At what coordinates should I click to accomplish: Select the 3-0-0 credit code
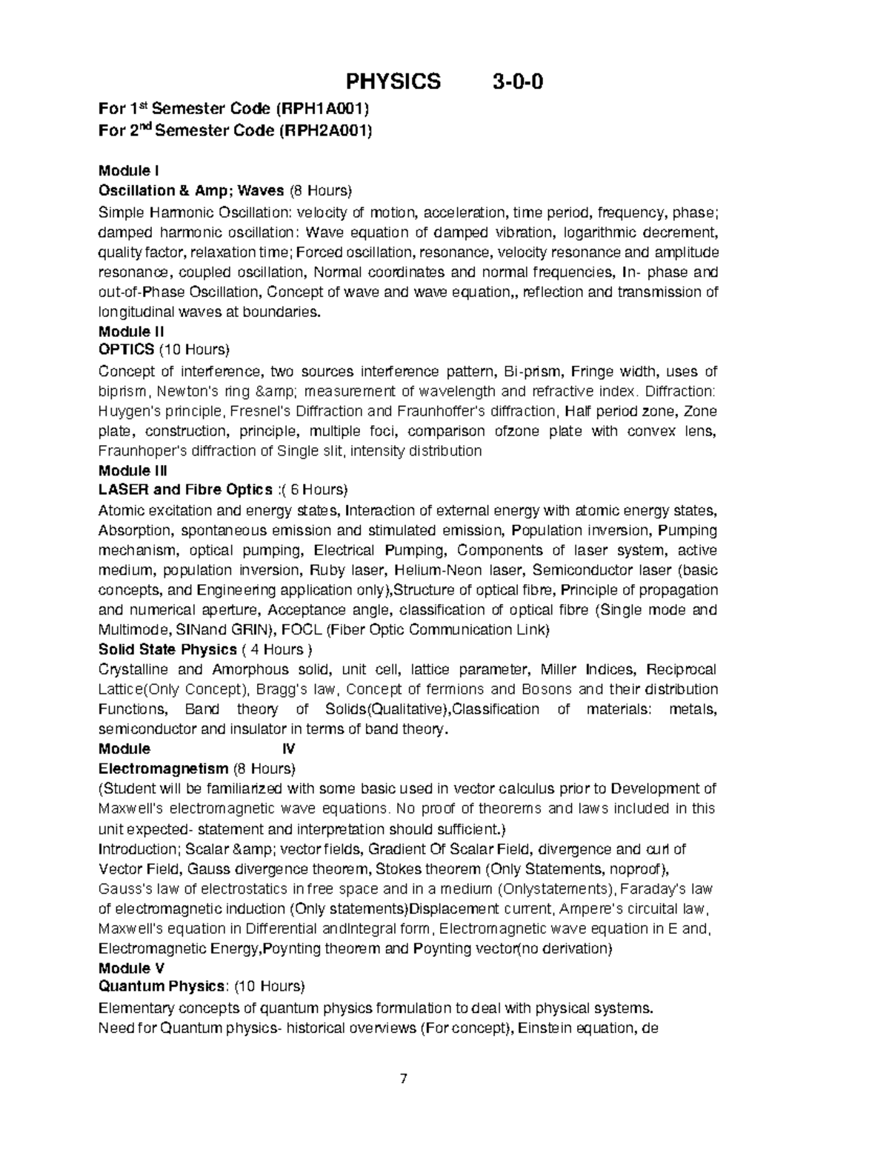coord(518,81)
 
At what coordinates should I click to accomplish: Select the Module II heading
coord(131,331)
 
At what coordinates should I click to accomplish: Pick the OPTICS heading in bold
coord(127,349)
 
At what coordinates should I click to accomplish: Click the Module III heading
coord(133,470)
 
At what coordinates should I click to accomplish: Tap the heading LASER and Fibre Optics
coord(185,489)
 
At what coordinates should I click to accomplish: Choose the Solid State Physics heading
coord(167,649)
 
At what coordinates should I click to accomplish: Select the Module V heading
coord(131,968)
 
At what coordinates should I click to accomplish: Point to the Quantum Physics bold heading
coord(162,986)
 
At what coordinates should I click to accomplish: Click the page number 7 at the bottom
coord(404,1078)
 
